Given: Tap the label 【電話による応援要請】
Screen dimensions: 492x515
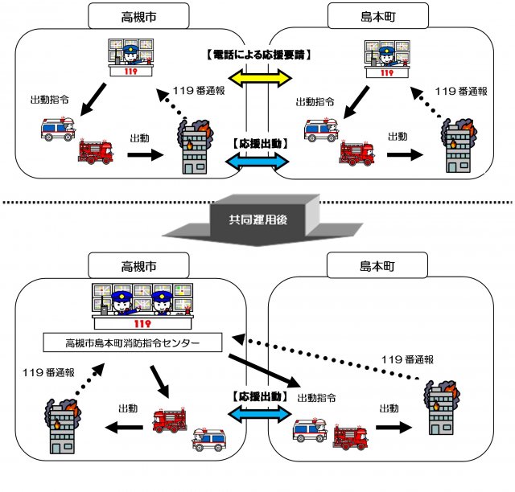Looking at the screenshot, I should pos(258,55).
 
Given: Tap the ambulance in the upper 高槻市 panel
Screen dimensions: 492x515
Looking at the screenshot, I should pos(58,129).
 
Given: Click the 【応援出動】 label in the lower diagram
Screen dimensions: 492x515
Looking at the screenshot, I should pos(258,396).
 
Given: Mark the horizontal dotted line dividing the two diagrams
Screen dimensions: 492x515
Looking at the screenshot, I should pos(257,202).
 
